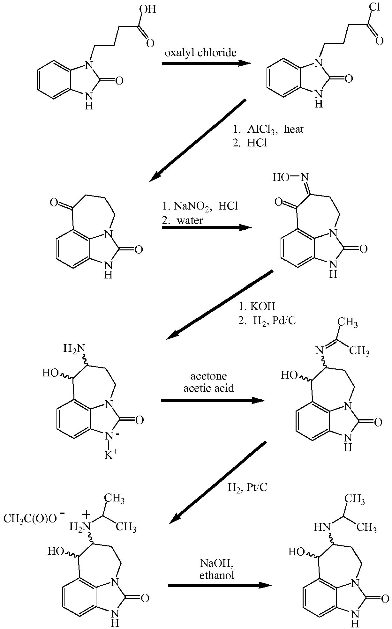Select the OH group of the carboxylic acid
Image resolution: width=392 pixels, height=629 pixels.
tap(148, 9)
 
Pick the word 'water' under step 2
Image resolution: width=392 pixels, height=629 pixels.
tap(190, 220)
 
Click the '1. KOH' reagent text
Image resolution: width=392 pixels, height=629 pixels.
tap(257, 306)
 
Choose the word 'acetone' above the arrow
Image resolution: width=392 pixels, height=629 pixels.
tap(208, 376)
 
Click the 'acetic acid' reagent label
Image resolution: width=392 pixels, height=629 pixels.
tap(209, 388)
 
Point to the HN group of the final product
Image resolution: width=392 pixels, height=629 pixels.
tap(321, 527)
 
